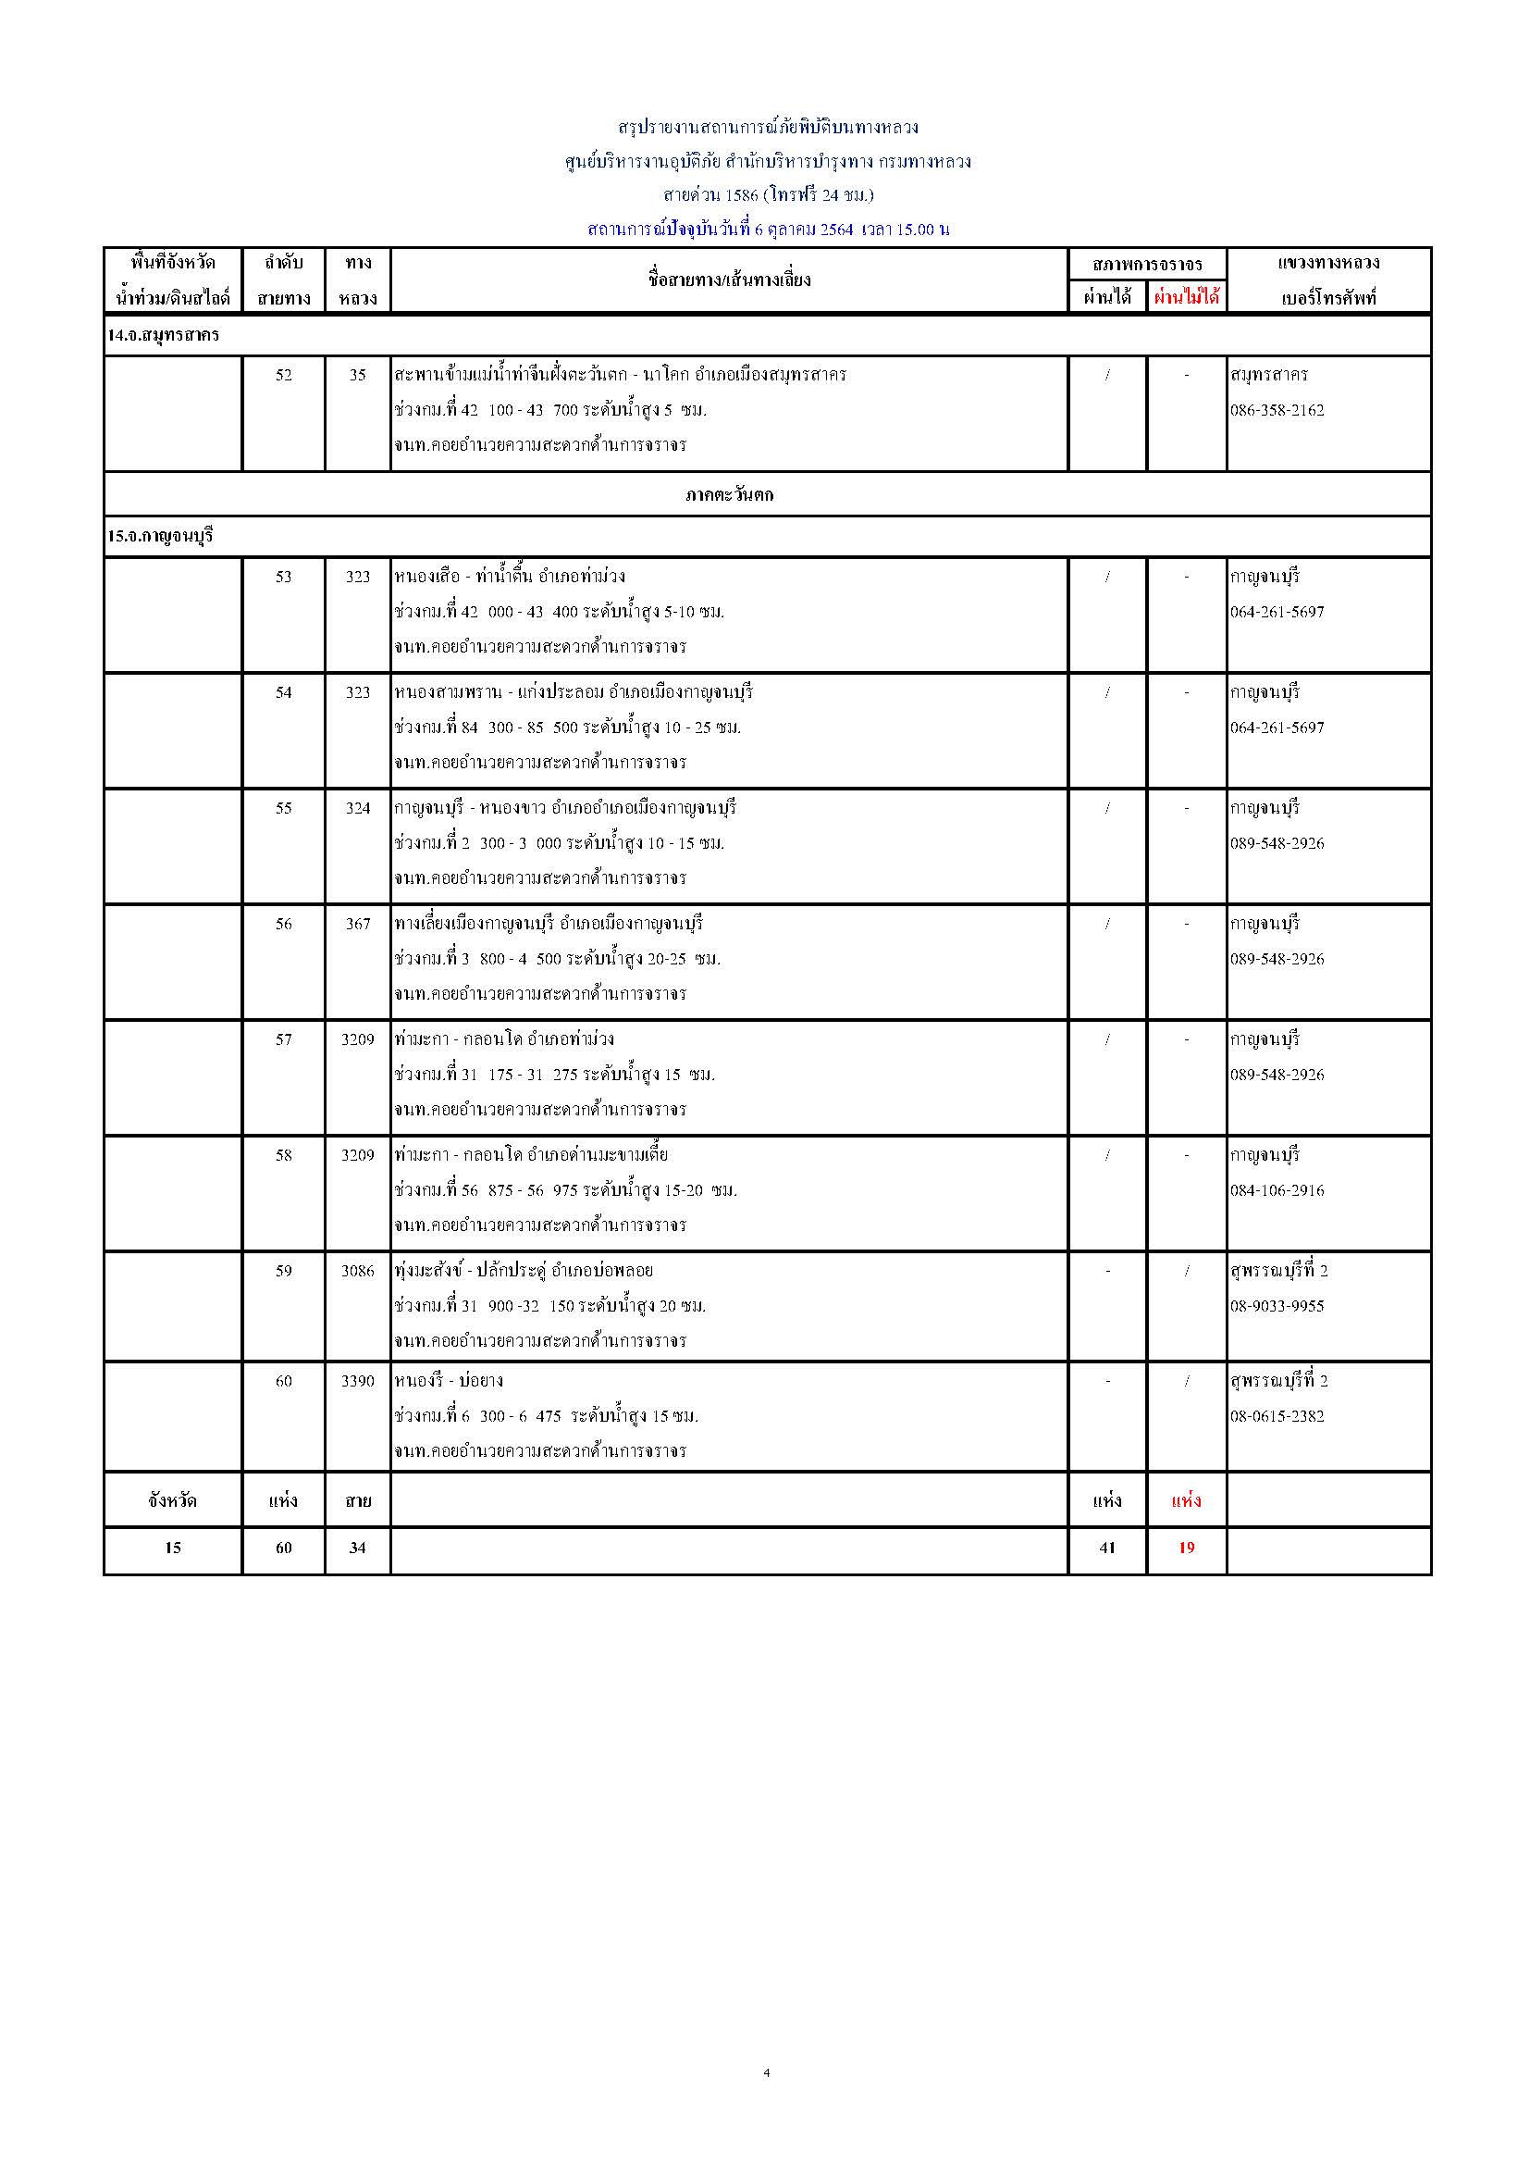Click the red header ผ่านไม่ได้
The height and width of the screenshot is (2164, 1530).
(x=1186, y=298)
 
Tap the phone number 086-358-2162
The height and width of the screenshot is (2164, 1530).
(x=1277, y=410)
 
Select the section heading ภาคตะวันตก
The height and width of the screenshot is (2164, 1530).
(x=729, y=495)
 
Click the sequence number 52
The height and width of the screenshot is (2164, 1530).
(x=284, y=375)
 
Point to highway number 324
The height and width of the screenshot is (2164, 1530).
(x=358, y=808)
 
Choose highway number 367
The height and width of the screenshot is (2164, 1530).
(x=358, y=924)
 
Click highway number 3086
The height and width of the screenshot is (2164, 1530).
(x=358, y=1271)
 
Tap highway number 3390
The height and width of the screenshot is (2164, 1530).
(x=358, y=1381)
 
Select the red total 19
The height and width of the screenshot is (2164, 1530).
(x=1186, y=1548)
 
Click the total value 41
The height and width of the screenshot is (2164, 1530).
(x=1107, y=1548)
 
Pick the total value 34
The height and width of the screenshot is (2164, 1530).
(x=358, y=1548)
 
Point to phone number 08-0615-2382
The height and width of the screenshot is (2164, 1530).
(x=1277, y=1415)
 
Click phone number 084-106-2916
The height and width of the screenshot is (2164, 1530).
(x=1277, y=1190)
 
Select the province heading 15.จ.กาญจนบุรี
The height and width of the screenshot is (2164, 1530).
(x=160, y=536)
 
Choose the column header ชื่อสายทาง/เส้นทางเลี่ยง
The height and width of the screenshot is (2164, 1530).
(x=729, y=280)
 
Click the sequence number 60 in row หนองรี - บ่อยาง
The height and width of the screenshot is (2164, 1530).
(x=284, y=1381)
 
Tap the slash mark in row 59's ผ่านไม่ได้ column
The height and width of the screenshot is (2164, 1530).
(x=1186, y=1272)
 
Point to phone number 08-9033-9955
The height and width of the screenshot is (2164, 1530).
(x=1277, y=1306)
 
